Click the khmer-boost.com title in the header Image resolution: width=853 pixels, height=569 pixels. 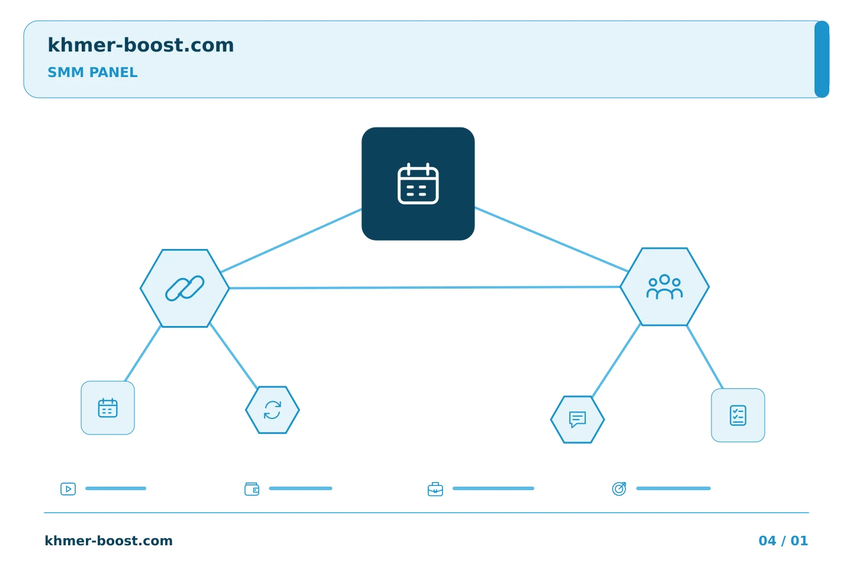(x=140, y=45)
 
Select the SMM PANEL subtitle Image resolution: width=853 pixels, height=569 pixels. (x=92, y=72)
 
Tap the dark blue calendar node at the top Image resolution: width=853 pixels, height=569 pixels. (x=418, y=184)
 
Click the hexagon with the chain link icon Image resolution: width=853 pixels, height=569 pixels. (x=185, y=288)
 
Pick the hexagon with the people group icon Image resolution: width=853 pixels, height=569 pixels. (x=665, y=287)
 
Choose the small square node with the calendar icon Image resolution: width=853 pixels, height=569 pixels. (x=108, y=408)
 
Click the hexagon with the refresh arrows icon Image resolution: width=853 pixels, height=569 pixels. (x=272, y=410)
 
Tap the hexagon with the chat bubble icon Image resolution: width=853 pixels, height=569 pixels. (x=578, y=420)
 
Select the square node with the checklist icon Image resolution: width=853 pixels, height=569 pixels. (x=738, y=415)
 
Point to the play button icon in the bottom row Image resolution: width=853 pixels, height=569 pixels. (x=68, y=489)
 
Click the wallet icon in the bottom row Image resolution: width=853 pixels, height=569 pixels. (x=252, y=489)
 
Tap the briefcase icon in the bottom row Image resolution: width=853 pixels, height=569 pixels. (x=435, y=489)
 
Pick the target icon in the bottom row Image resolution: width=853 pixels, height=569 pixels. (x=619, y=488)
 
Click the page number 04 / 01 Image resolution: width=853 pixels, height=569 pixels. (x=783, y=541)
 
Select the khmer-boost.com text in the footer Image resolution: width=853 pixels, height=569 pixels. (x=108, y=541)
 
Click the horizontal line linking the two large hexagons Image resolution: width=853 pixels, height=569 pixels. (x=425, y=287)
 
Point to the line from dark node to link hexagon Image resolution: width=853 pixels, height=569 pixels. (x=291, y=241)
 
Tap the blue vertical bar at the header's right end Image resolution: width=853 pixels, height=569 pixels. (x=822, y=59)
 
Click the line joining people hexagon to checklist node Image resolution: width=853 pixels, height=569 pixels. (x=705, y=357)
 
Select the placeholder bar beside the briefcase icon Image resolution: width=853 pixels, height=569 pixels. (x=493, y=488)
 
